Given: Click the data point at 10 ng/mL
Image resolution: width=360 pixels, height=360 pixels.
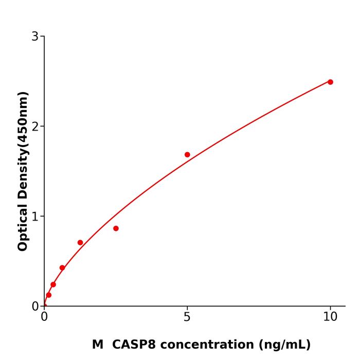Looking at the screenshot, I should point(330,82).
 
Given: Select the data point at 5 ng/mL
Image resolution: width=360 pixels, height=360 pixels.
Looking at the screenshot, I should point(187,155).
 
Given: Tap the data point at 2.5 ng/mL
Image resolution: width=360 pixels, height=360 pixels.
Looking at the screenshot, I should point(116,228).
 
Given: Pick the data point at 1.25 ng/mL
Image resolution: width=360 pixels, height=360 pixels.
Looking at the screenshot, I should point(80,243).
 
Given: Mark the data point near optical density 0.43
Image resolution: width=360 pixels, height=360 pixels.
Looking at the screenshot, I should point(62,268).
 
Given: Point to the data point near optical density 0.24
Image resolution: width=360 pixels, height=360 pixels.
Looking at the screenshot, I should point(53,284).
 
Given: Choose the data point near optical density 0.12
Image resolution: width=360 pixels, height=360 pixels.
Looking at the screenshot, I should point(49,295).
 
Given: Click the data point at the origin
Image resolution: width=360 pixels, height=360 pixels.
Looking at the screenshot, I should point(44,306).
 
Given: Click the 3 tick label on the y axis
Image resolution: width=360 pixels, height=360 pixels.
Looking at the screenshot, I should point(35,37).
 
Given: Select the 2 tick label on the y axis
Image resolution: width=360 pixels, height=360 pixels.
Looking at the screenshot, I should point(35,127).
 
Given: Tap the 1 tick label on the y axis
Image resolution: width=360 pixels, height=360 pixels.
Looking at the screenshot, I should point(35,217).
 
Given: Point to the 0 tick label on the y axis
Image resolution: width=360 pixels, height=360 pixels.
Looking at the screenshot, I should point(35,307).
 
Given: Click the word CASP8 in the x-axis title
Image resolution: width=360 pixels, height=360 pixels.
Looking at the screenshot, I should point(131,345).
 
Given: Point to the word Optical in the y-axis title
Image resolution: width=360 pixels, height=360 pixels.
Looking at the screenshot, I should point(23,226).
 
